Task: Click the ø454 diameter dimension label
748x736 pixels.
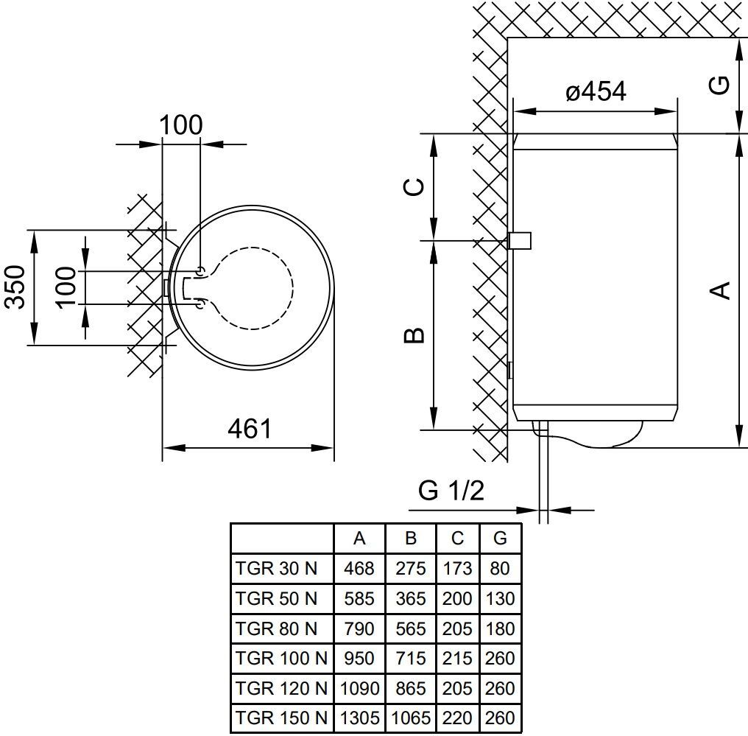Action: (596, 92)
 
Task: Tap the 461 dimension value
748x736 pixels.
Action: (250, 428)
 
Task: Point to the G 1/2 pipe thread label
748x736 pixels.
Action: (451, 490)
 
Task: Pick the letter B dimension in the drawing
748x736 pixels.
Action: (415, 336)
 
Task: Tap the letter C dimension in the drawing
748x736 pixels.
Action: (415, 187)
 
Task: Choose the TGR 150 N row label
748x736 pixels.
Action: (280, 718)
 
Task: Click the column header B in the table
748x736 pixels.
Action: (411, 539)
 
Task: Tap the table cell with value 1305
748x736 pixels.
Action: (359, 718)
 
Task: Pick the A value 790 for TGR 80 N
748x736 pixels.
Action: (359, 628)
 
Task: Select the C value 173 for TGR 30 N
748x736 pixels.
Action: (457, 569)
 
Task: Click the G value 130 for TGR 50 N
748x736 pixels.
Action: (500, 598)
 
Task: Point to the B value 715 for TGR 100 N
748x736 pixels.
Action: (411, 658)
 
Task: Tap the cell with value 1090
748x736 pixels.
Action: (359, 688)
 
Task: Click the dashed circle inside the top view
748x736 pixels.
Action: (292, 286)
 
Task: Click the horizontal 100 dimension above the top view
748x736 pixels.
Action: (181, 125)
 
